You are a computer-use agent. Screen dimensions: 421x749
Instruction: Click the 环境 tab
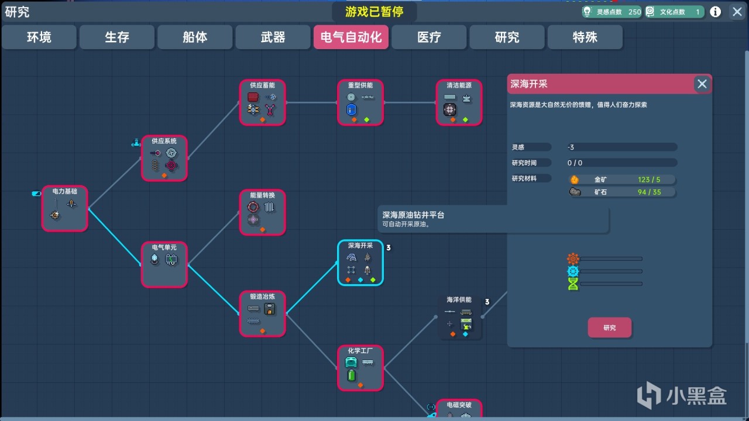(x=39, y=37)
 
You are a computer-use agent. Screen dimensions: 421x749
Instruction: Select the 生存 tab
(x=117, y=37)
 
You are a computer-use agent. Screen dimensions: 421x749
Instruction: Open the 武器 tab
(x=273, y=37)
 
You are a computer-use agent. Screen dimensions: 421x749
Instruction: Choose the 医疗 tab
(x=429, y=37)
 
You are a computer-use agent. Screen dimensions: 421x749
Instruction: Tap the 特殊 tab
(x=585, y=37)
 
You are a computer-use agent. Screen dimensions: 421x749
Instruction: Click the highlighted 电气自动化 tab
(x=351, y=37)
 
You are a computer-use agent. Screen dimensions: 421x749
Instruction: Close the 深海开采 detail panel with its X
(x=702, y=84)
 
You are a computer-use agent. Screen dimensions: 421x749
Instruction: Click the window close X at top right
(x=736, y=12)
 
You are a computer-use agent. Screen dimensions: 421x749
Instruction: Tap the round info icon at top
(x=715, y=12)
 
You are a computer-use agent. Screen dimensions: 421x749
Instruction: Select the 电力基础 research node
(x=65, y=208)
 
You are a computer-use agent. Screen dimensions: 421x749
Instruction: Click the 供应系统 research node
(x=164, y=158)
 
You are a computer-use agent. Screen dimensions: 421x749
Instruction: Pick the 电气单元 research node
(x=164, y=264)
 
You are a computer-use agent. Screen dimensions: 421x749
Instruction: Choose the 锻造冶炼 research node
(x=263, y=314)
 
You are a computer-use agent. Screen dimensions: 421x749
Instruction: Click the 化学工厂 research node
(x=360, y=368)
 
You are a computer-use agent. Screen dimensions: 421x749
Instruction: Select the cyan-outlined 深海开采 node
(x=360, y=263)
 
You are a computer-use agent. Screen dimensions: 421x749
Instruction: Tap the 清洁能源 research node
(x=459, y=102)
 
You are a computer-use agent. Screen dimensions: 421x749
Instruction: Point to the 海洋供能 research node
(x=459, y=317)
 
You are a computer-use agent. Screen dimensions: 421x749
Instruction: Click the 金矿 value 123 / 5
(x=649, y=180)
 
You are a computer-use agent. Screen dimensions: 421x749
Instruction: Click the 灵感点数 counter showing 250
(x=611, y=12)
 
